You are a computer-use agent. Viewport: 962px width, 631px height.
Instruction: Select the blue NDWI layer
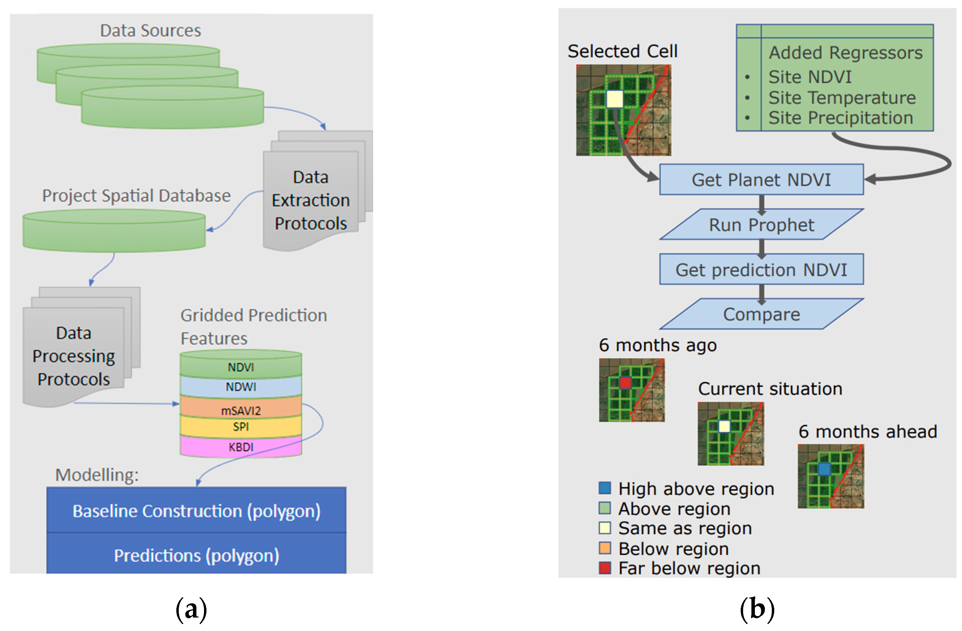pos(241,387)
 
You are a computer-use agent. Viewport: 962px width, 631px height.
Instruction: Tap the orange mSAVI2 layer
pos(241,409)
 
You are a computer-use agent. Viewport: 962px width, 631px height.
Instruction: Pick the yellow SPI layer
pos(241,426)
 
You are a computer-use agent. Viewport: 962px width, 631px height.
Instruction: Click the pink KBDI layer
pos(241,447)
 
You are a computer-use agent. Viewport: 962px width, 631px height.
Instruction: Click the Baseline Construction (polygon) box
pos(196,511)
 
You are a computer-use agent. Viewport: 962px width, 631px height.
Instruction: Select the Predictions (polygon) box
pos(196,555)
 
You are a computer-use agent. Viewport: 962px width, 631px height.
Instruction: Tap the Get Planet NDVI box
pos(761,179)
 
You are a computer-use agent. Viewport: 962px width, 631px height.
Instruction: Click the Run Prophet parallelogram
pos(761,224)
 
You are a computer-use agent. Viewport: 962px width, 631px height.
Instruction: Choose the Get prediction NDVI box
pos(761,269)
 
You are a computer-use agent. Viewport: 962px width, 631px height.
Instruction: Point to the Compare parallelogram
pos(761,314)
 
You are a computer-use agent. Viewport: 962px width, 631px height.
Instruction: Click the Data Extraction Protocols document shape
pos(311,200)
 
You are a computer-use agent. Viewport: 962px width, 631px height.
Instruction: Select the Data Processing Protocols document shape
pos(74,356)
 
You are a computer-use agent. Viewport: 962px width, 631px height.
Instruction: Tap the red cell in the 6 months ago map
pos(625,382)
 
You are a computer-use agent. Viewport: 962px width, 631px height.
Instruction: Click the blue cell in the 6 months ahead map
pos(824,469)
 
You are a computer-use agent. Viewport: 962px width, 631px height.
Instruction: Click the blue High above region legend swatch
pos(605,488)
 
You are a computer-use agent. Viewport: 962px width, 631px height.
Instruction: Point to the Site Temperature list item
pos(842,98)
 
